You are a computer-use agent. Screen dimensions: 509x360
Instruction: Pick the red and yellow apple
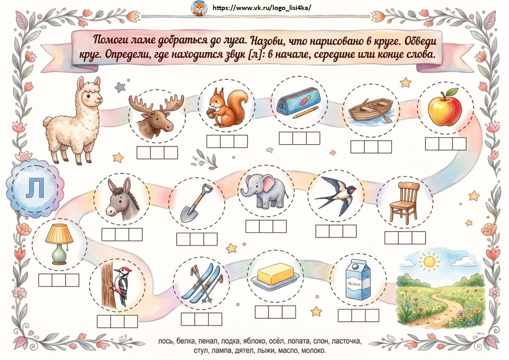pos(445,107)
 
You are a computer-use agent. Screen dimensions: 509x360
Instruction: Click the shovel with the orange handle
pos(196,203)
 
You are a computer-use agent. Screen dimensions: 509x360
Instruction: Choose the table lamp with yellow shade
pos(59,244)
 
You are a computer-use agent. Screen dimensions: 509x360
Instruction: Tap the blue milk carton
pos(358,280)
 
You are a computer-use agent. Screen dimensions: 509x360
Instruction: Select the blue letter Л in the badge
pos(35,188)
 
